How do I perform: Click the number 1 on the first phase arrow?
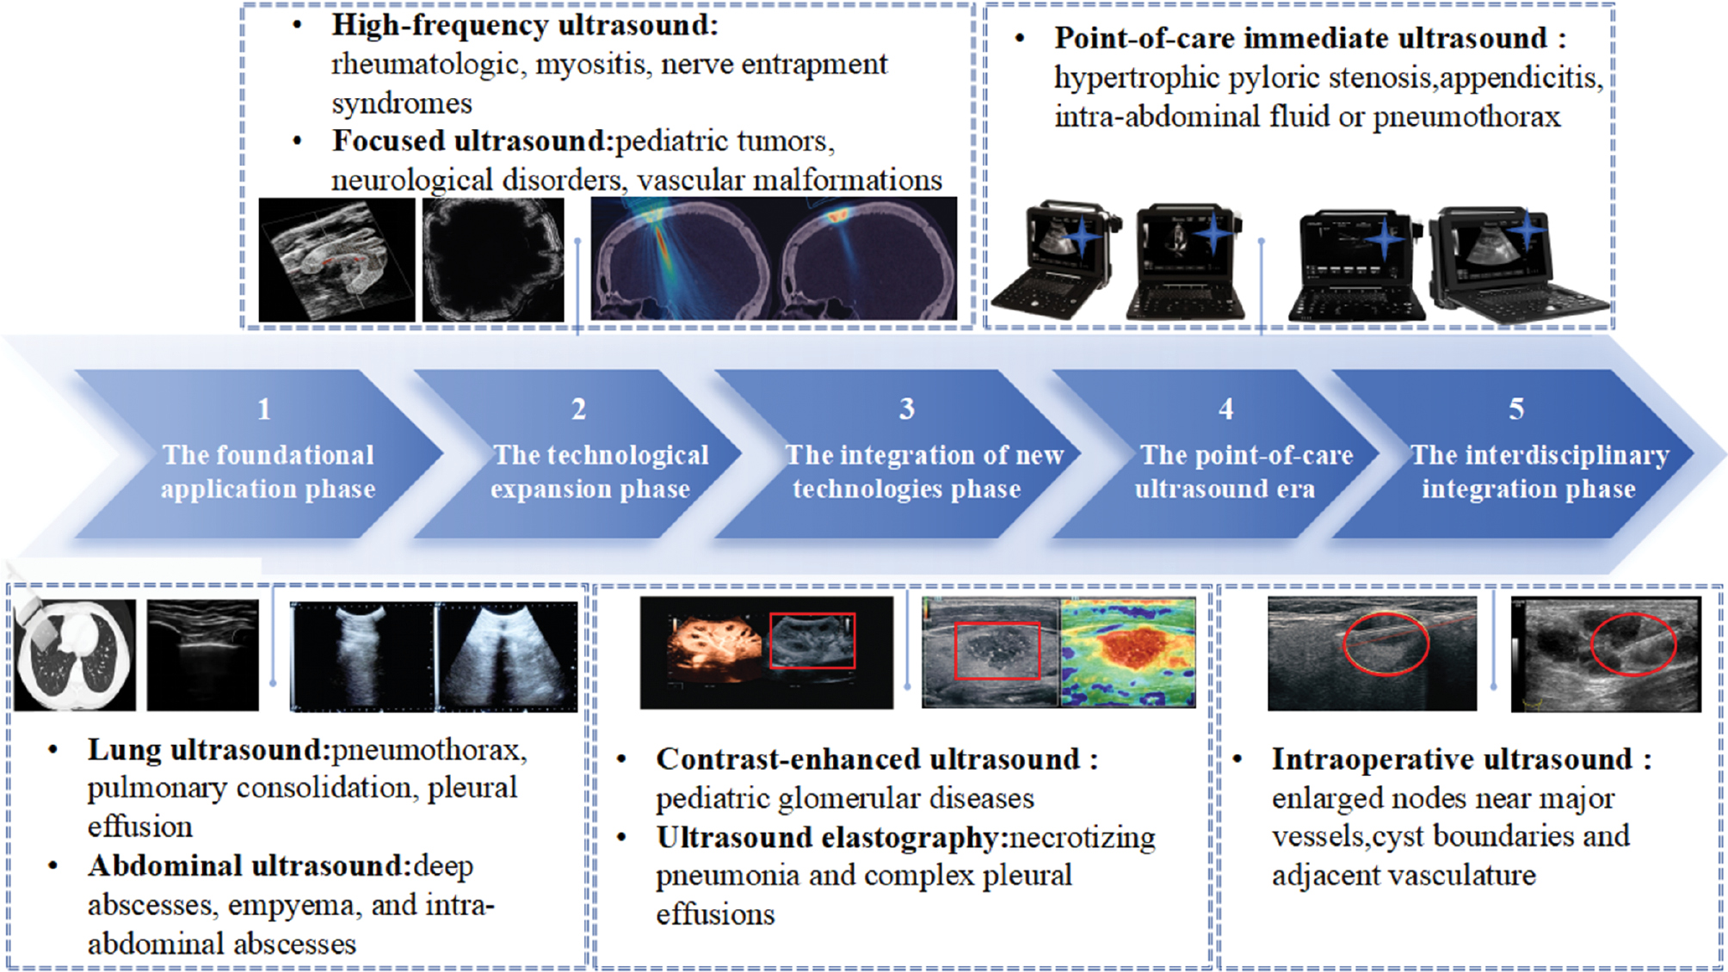point(264,409)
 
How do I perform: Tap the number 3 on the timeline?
point(907,409)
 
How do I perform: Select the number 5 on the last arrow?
point(1516,409)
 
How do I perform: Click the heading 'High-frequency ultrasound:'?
point(525,26)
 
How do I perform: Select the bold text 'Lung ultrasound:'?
point(209,750)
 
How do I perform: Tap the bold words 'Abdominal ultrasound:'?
point(250,866)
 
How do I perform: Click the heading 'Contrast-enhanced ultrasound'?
point(867,760)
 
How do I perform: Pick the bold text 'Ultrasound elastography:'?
point(832,837)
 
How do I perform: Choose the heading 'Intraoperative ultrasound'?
point(1452,760)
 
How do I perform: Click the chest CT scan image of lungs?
point(75,655)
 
